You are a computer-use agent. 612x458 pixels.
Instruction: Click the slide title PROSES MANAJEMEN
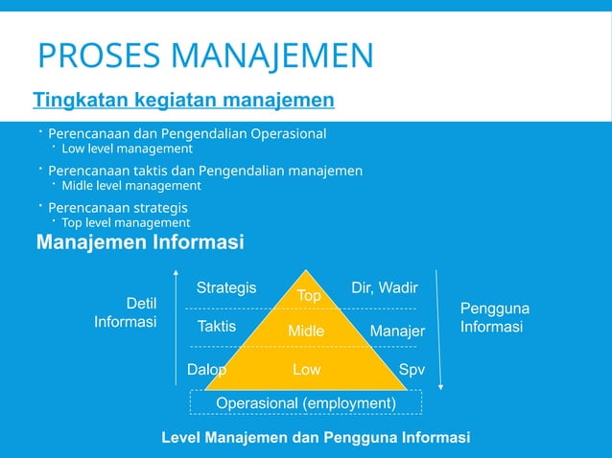[204, 57]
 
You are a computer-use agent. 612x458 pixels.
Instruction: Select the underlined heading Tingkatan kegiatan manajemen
[183, 100]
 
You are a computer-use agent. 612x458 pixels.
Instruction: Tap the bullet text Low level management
[127, 149]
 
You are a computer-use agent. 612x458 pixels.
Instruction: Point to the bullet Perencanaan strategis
[117, 207]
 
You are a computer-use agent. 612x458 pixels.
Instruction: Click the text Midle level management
[130, 186]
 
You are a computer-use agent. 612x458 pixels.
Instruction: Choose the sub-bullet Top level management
[126, 223]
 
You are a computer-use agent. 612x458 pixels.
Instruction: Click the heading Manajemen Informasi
[139, 243]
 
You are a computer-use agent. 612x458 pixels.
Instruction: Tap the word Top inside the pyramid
[308, 296]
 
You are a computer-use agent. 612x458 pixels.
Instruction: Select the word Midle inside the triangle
[306, 332]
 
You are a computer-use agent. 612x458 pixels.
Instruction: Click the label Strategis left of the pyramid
[226, 287]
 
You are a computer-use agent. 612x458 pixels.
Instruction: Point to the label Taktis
[217, 326]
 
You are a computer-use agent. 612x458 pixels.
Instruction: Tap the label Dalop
[206, 370]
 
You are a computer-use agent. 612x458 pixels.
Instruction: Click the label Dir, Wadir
[384, 287]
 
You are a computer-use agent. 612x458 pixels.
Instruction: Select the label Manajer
[397, 332]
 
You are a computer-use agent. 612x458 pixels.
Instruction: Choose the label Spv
[411, 370]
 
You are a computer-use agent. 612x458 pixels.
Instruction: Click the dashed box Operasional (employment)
[306, 403]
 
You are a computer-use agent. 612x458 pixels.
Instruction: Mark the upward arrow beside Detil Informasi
[176, 326]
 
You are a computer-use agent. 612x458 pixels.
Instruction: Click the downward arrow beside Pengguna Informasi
[438, 326]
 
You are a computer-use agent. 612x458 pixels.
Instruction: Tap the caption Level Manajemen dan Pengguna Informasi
[316, 438]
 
